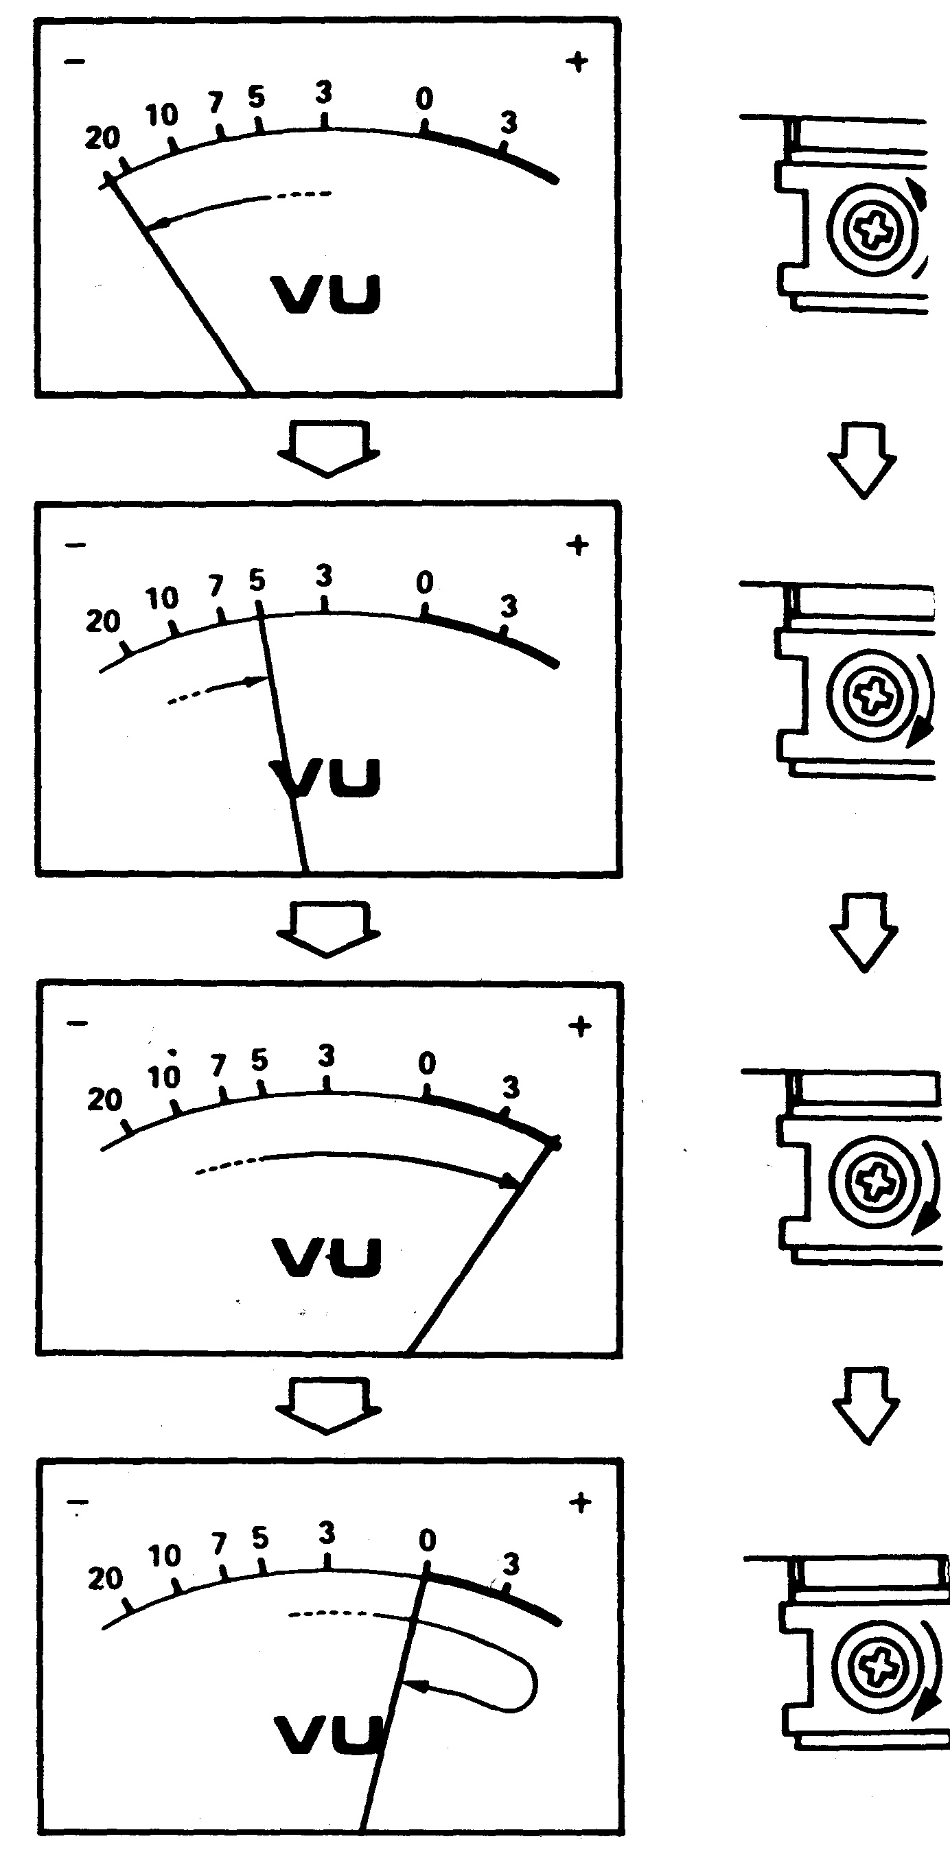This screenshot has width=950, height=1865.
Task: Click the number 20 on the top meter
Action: click(102, 137)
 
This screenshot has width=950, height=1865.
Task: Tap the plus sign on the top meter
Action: click(577, 62)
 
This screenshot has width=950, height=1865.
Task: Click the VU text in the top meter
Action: click(326, 294)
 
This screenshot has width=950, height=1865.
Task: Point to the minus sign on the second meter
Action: click(76, 544)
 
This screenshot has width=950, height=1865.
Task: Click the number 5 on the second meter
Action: click(257, 580)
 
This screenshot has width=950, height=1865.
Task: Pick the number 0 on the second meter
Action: click(425, 582)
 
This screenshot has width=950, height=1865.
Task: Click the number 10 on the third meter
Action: click(163, 1077)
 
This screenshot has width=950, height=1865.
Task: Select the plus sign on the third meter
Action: click(580, 1026)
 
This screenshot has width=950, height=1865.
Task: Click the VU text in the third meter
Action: click(327, 1257)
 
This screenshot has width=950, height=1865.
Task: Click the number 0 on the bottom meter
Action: click(427, 1540)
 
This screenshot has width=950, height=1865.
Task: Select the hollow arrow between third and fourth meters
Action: click(328, 1405)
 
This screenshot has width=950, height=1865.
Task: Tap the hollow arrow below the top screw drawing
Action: click(862, 460)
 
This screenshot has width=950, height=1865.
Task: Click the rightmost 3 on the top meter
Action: click(509, 123)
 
